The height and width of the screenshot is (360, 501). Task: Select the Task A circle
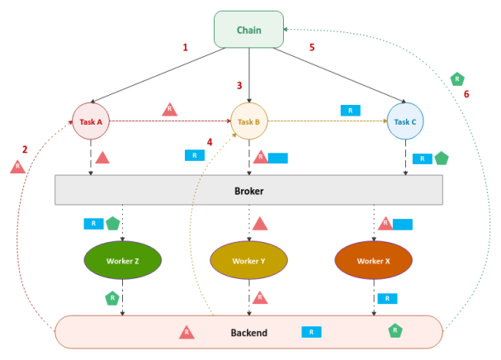click(x=91, y=121)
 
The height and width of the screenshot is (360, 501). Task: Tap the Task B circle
click(x=248, y=121)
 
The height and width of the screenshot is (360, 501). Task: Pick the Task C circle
click(x=404, y=121)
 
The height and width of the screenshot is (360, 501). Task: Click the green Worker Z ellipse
click(x=122, y=261)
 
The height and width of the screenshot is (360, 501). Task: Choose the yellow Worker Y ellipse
click(x=248, y=261)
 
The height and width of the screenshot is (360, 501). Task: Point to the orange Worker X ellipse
click(x=374, y=261)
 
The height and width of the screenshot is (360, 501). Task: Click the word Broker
click(x=248, y=190)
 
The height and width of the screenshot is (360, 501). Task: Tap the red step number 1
click(x=185, y=48)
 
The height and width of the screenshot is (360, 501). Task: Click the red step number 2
click(x=25, y=149)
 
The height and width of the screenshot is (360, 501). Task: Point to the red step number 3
click(x=239, y=85)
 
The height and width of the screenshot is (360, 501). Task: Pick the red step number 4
click(x=210, y=142)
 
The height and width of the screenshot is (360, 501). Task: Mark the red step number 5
click(x=312, y=48)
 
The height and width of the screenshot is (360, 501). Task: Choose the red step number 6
click(x=466, y=94)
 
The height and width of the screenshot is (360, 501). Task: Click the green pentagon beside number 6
click(x=456, y=79)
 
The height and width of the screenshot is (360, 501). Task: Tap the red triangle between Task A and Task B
click(x=168, y=109)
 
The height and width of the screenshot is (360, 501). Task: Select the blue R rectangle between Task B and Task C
click(x=350, y=110)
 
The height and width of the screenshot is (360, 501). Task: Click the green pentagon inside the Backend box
click(x=395, y=330)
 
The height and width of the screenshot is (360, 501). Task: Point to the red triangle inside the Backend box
click(x=187, y=332)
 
